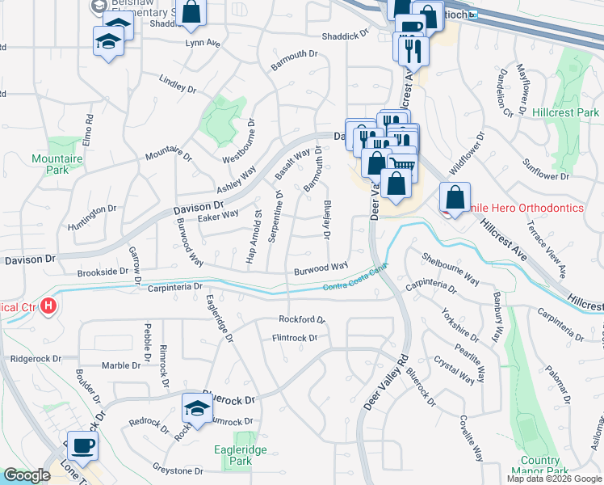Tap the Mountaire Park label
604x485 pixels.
(x=57, y=164)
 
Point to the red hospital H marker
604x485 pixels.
(x=48, y=306)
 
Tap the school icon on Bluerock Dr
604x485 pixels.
(x=196, y=407)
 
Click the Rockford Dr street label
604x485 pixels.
(x=301, y=319)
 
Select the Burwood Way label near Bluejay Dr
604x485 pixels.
(x=320, y=267)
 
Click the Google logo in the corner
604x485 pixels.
(x=27, y=475)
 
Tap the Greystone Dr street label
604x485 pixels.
(x=177, y=470)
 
